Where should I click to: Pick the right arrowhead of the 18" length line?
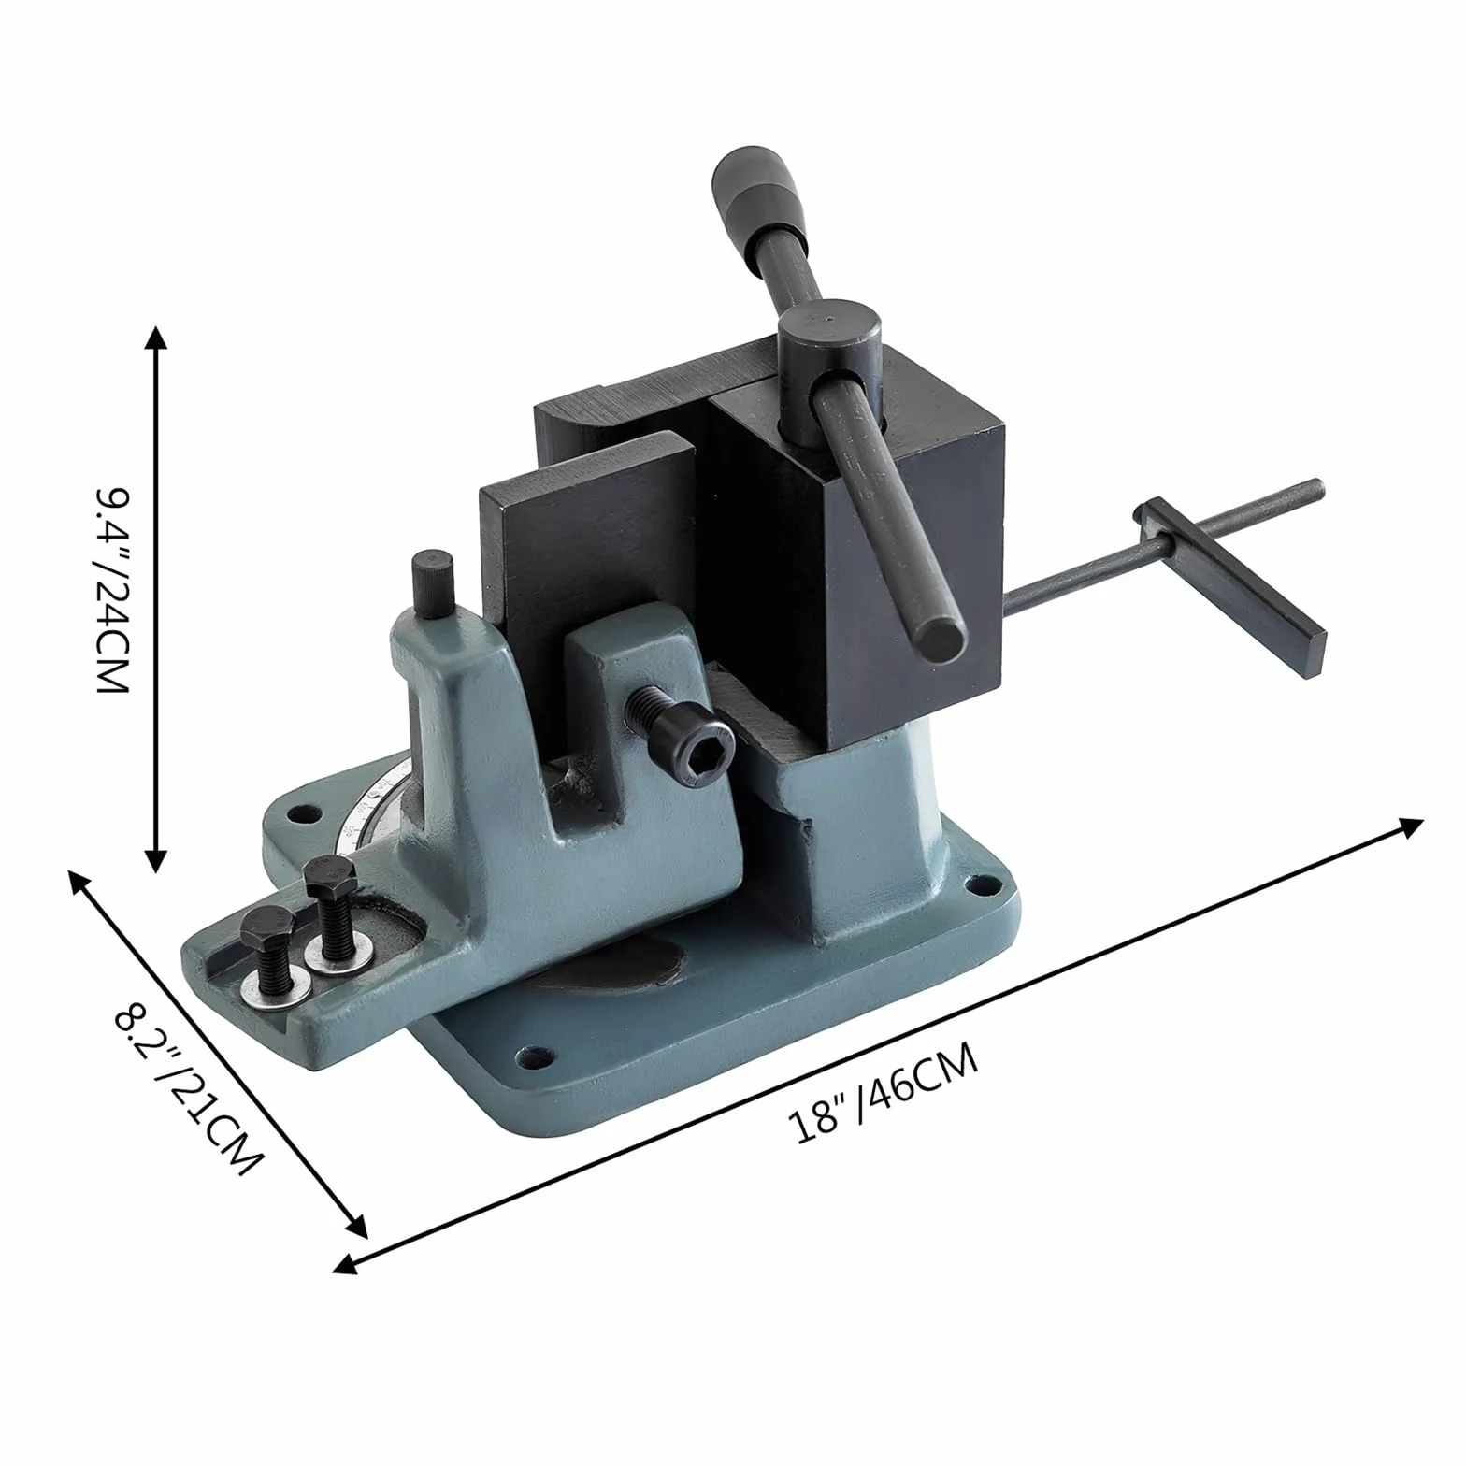(x=1409, y=826)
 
